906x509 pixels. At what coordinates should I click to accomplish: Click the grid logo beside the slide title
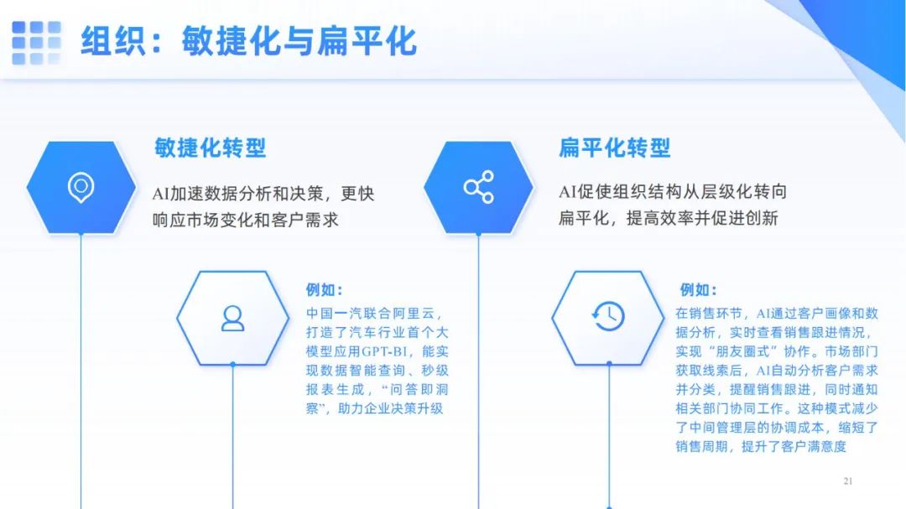pos(36,42)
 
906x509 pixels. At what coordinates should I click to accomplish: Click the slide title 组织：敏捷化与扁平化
pos(248,42)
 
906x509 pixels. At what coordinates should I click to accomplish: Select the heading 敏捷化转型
pos(211,148)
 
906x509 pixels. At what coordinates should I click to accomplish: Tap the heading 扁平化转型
pos(614,148)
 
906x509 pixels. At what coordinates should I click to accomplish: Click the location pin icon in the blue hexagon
pos(81,187)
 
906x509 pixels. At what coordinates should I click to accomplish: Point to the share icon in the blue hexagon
pos(479,187)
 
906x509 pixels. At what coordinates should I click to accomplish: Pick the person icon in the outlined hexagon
pos(233,319)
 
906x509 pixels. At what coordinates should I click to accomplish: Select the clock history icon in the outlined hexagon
pos(608,317)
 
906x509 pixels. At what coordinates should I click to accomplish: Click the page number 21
pos(847,480)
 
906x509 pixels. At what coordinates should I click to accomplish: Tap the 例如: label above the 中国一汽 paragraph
pos(324,289)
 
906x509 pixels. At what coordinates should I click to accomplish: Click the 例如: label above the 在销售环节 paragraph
pos(698,289)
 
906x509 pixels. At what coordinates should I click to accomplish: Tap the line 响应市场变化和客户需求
pos(246,221)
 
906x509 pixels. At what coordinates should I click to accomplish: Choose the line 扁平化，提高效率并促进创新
pos(668,218)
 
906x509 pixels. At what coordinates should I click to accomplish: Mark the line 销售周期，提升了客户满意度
pos(761,447)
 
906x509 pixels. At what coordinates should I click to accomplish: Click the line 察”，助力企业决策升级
pos(374,408)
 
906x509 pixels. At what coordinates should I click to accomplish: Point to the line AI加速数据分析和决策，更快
pos(263,194)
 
